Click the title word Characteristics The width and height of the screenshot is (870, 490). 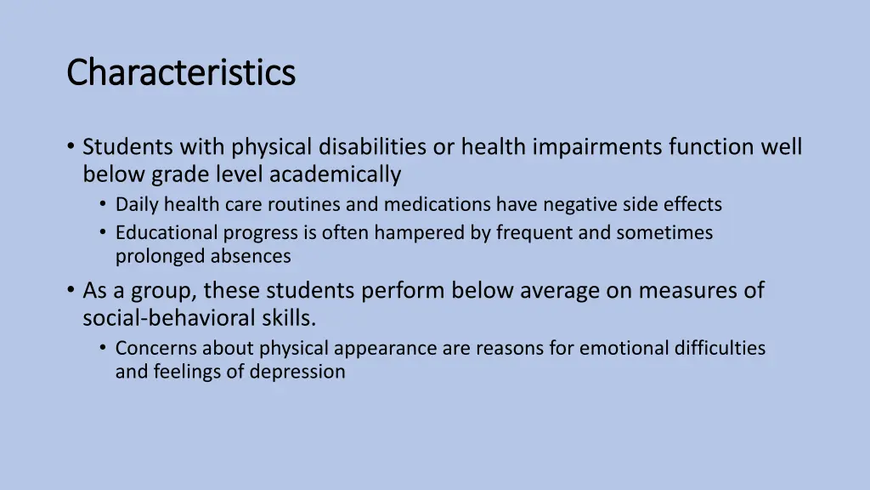tap(181, 73)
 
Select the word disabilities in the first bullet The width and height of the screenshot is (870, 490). tap(372, 148)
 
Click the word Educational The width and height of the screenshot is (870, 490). tap(167, 233)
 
